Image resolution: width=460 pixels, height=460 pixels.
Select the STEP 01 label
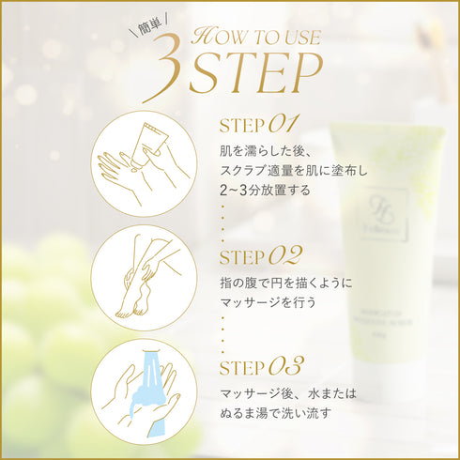pyautogui.click(x=257, y=124)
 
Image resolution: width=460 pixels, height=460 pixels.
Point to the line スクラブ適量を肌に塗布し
pyautogui.click(x=291, y=171)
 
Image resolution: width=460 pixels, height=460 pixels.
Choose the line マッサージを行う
pyautogui.click(x=265, y=302)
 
